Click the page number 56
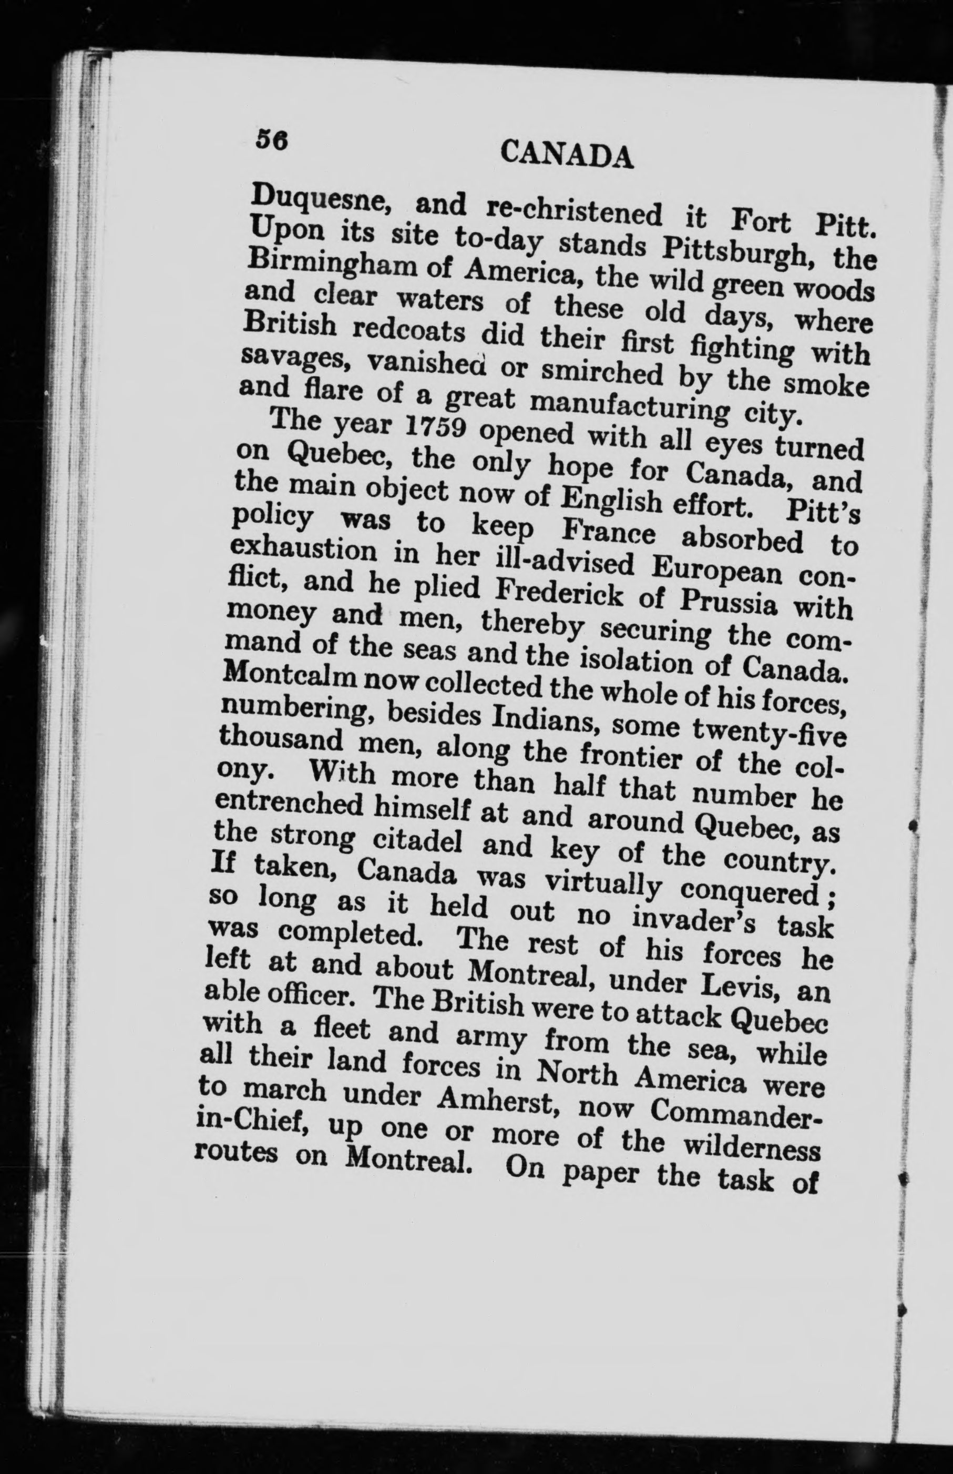click(272, 140)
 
